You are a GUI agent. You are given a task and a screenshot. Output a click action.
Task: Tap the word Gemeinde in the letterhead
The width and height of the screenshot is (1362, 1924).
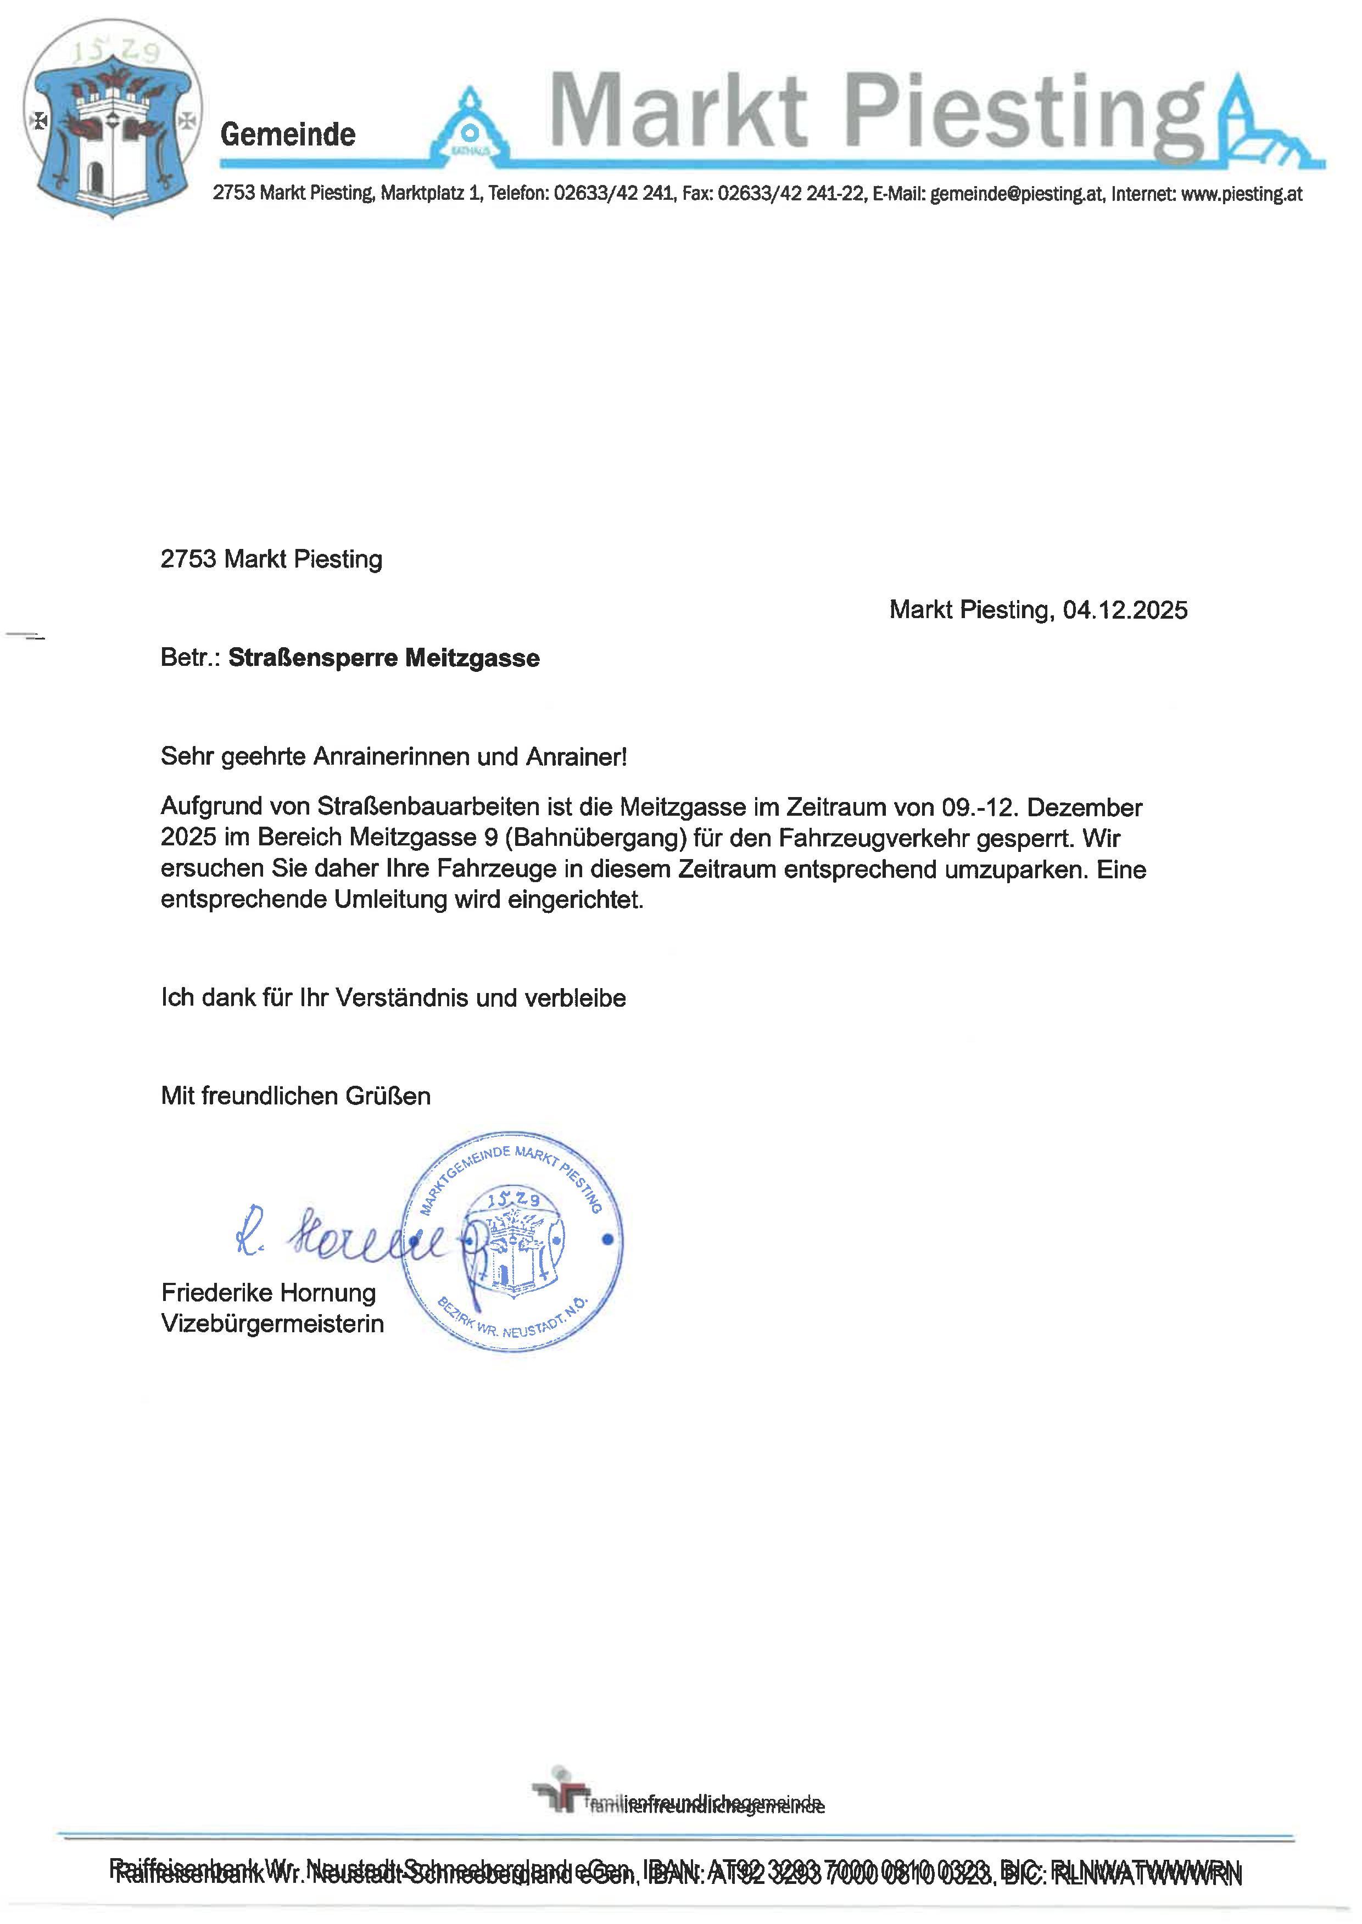click(x=288, y=134)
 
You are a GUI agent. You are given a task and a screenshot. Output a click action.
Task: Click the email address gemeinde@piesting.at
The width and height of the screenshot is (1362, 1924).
click(x=1017, y=194)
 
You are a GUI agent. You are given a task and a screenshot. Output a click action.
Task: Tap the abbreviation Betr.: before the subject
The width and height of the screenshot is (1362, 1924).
click(x=191, y=658)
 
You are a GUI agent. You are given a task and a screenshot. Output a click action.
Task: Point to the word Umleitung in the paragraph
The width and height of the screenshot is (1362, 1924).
click(x=391, y=900)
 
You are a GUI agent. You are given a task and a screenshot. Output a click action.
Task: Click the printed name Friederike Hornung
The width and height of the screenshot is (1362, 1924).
click(x=269, y=1293)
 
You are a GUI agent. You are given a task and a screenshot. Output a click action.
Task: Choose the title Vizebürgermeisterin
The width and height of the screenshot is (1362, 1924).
click(x=272, y=1324)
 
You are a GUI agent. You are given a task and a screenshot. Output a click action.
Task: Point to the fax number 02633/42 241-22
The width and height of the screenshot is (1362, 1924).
click(x=791, y=194)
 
